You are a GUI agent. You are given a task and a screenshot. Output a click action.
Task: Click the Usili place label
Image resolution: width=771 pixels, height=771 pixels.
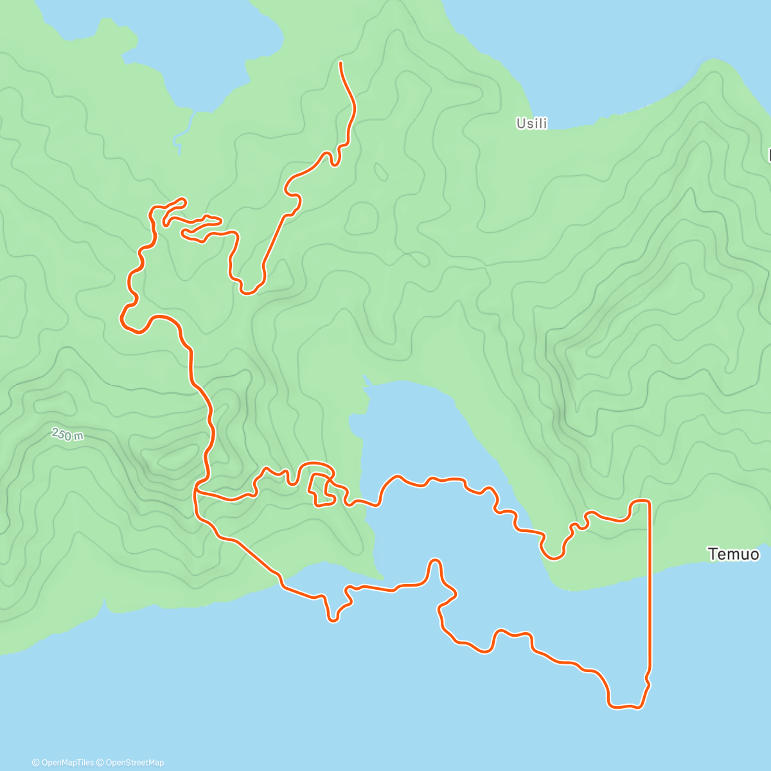531,123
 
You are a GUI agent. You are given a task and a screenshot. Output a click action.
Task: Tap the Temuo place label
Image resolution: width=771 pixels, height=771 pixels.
732,554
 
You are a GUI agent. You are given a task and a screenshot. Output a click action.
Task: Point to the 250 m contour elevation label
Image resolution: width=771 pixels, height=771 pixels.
67,434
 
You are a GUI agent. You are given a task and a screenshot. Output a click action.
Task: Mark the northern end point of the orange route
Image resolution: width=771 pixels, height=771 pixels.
340,62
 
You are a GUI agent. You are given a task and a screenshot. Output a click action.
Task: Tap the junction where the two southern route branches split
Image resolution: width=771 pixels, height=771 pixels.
195,491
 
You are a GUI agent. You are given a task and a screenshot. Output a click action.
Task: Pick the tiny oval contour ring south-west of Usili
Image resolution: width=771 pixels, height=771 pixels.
381,172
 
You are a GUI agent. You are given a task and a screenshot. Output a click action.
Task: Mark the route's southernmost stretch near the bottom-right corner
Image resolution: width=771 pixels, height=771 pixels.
623,707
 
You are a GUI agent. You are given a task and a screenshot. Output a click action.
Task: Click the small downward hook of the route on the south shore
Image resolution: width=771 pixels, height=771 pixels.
332,619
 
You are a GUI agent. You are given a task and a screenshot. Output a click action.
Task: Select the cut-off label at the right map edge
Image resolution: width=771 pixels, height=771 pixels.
768,155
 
